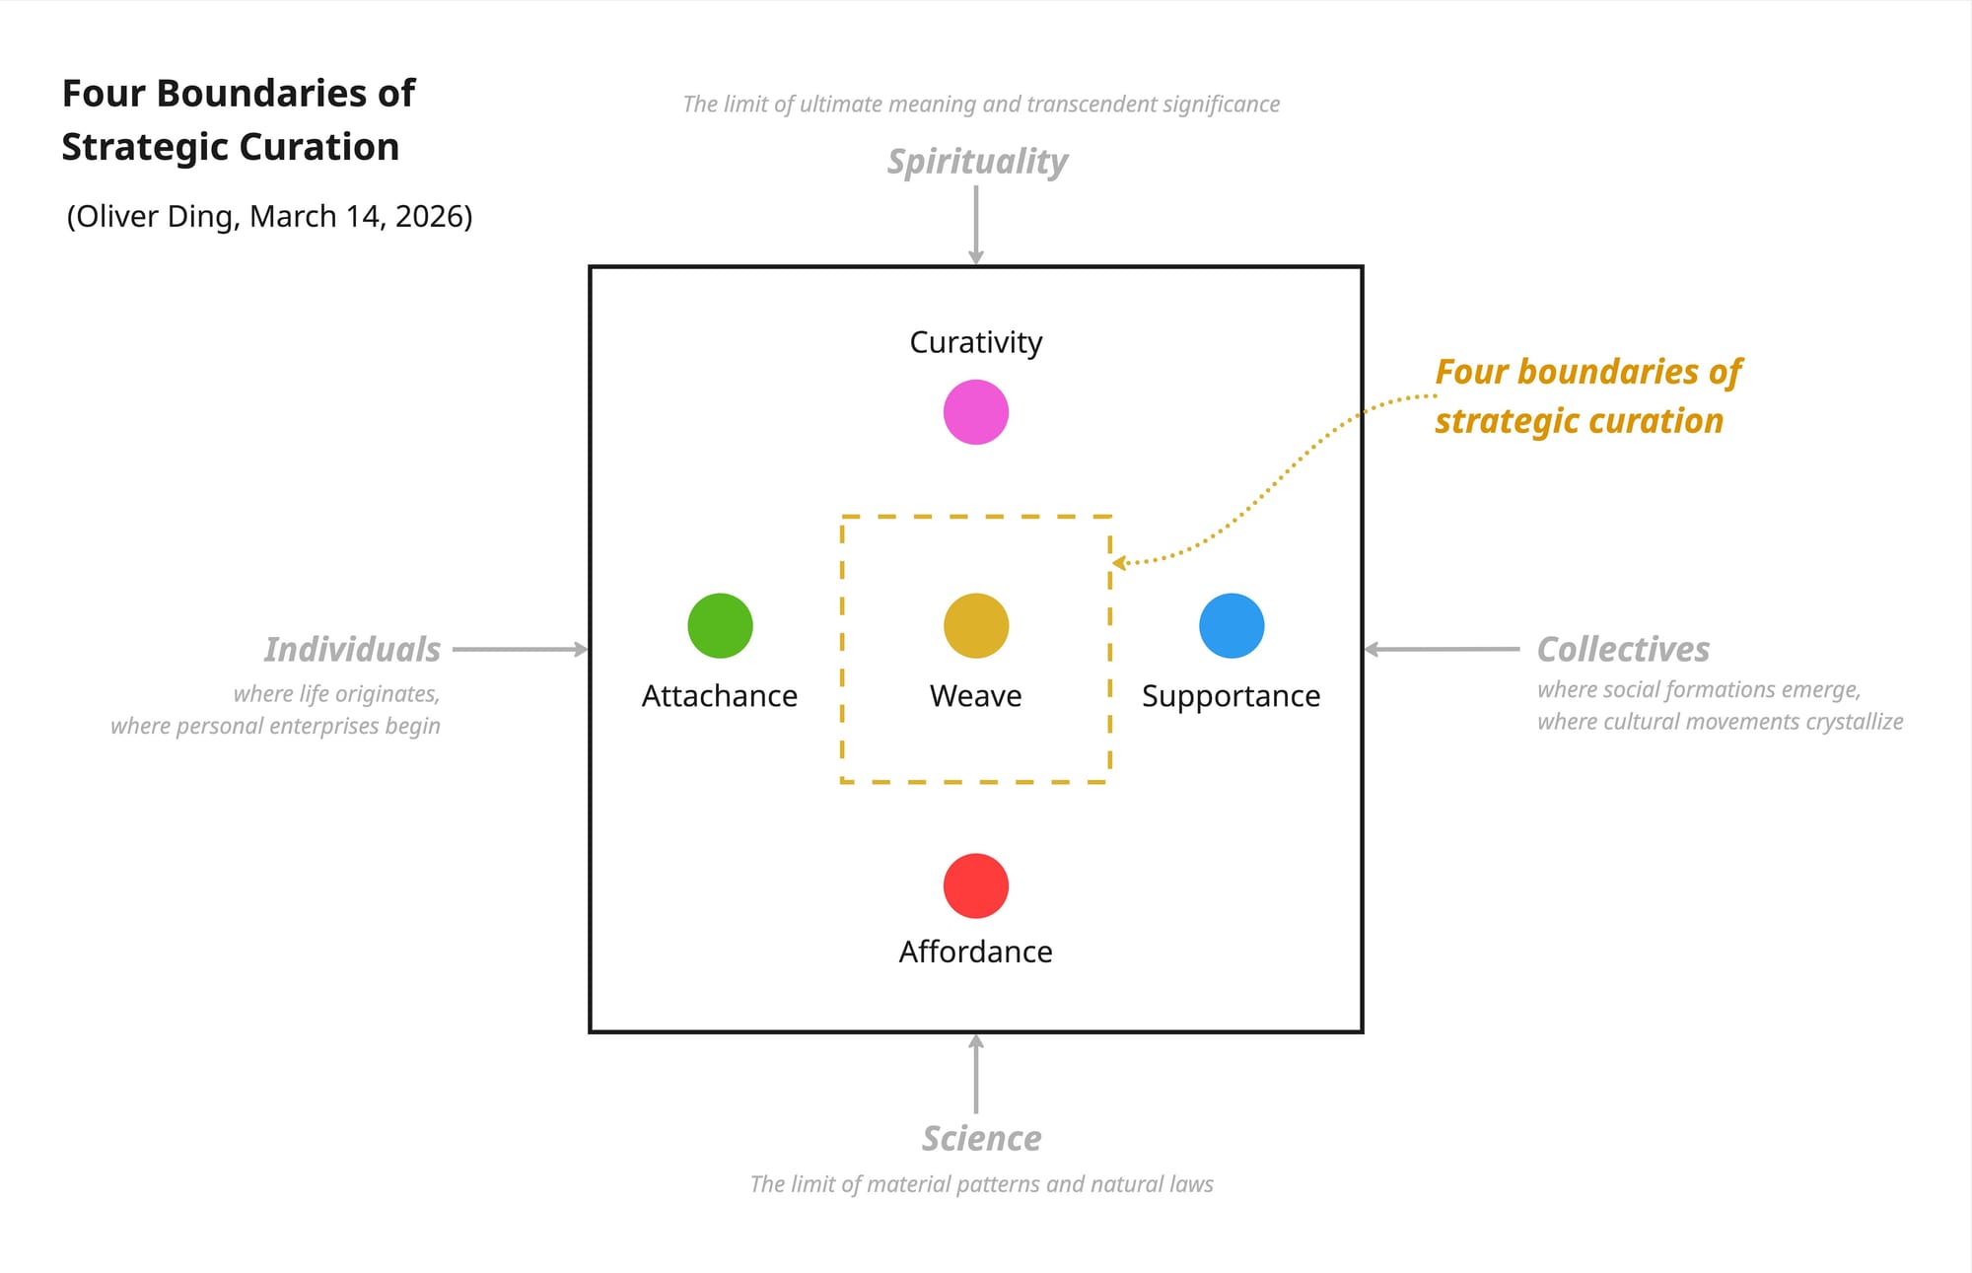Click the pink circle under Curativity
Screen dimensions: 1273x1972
tap(975, 412)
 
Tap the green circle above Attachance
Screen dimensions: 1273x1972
tap(720, 625)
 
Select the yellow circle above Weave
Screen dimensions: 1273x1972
tap(975, 625)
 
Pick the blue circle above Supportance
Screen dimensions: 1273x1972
tap(1232, 625)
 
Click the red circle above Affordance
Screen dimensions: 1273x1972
tap(975, 885)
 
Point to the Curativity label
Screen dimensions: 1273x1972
tap(975, 342)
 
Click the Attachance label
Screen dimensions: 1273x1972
tap(720, 696)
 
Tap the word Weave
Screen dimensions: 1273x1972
tap(975, 696)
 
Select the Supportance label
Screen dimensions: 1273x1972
tap(1231, 696)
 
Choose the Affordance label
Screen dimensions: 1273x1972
tap(975, 952)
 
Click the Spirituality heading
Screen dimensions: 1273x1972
tap(977, 162)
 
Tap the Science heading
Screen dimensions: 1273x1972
tap(981, 1139)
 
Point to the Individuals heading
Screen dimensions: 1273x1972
tap(352, 650)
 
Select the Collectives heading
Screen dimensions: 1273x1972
tap(1623, 650)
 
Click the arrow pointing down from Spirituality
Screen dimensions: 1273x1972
tap(975, 225)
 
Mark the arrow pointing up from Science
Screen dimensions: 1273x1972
tap(975, 1075)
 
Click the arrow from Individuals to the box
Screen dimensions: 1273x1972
tap(520, 649)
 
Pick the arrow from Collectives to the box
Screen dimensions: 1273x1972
tap(1442, 649)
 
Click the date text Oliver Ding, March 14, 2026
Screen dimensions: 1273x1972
tap(269, 216)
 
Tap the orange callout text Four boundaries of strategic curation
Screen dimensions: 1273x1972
tap(1586, 396)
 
